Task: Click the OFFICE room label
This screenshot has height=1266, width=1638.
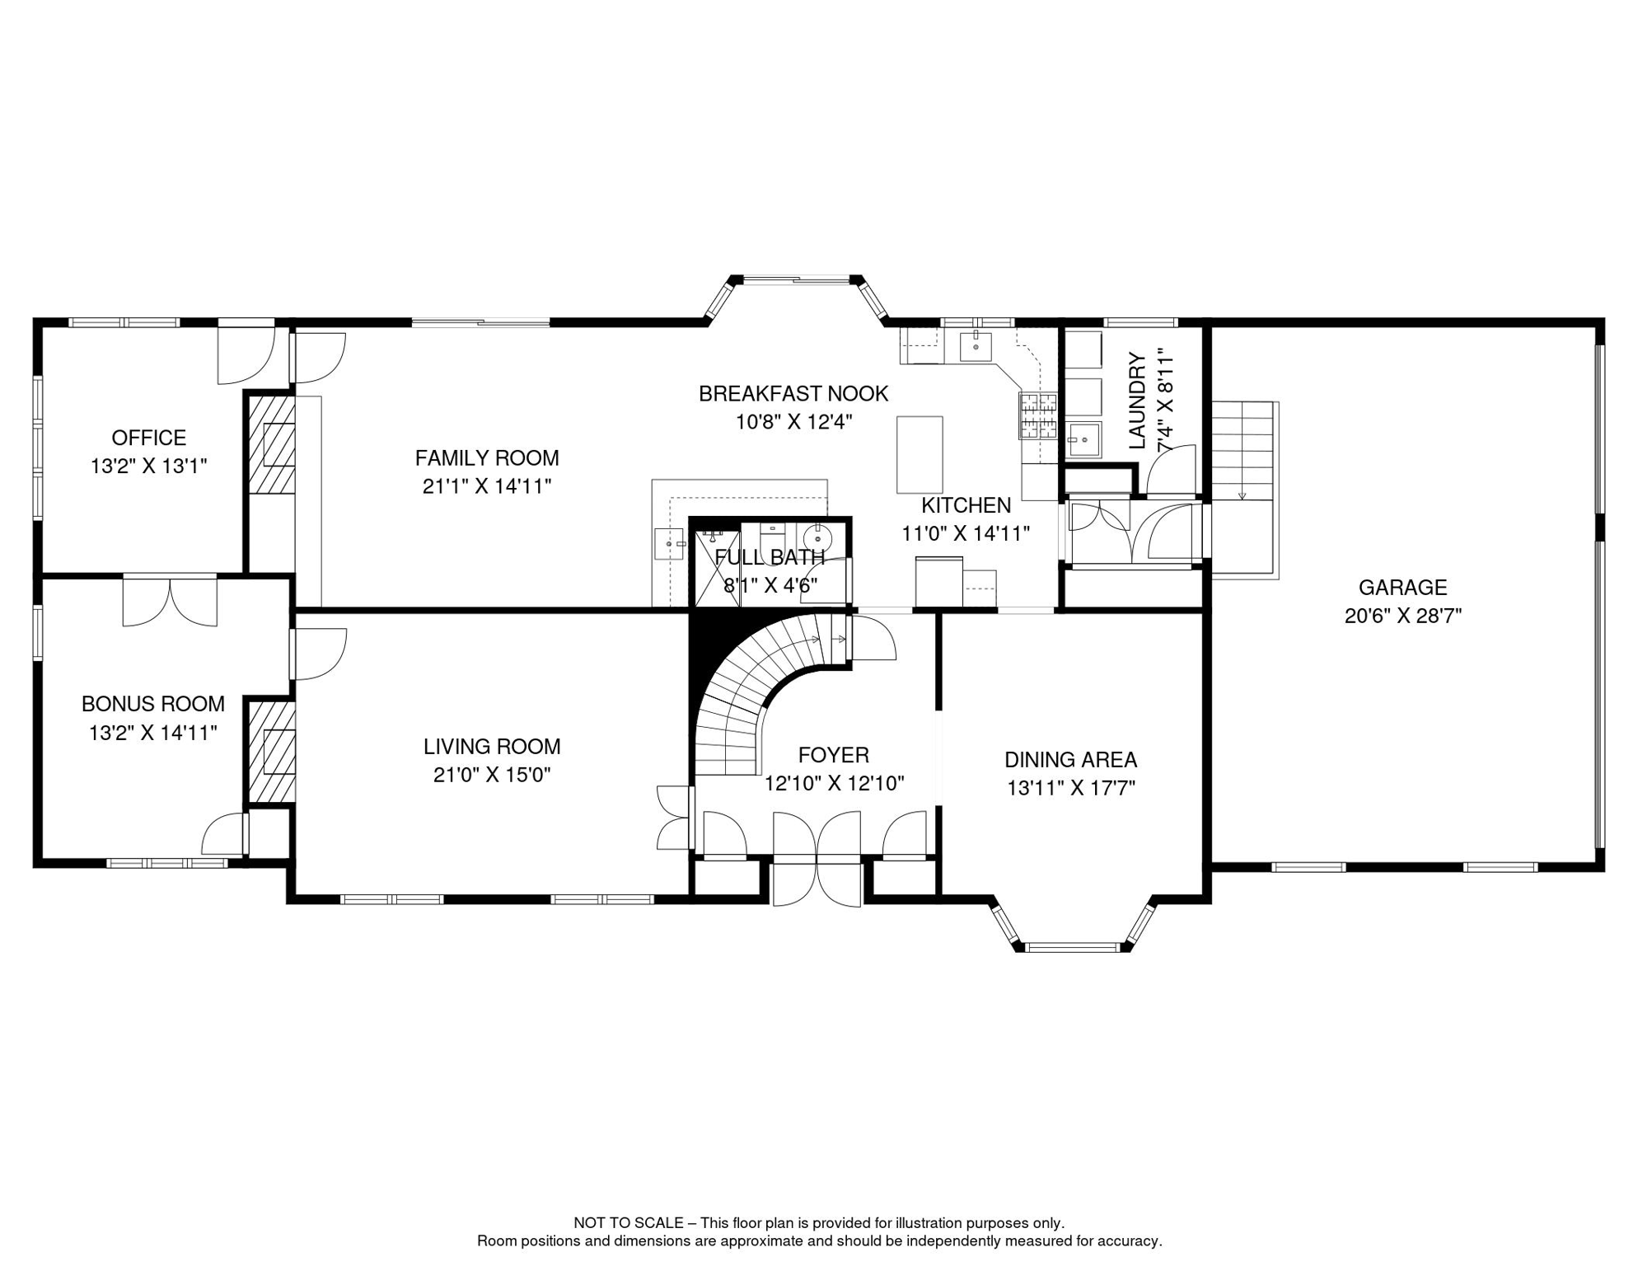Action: click(149, 438)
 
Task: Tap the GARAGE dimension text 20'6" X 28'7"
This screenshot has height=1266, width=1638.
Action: click(1403, 616)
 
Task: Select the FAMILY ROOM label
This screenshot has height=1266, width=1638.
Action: click(487, 457)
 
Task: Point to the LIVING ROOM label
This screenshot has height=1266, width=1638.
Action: click(492, 747)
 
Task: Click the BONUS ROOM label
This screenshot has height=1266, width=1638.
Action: click(153, 704)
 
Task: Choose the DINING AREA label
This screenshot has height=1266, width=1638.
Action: click(1071, 760)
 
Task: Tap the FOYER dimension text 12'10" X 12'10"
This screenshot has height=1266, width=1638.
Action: click(835, 783)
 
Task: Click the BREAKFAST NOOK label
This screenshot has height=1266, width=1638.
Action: click(793, 394)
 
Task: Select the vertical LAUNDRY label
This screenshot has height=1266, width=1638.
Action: click(1137, 401)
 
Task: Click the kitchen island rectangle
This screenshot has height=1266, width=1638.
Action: click(920, 455)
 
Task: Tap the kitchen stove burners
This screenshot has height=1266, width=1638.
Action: click(1038, 416)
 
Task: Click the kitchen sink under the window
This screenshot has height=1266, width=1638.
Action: click(976, 347)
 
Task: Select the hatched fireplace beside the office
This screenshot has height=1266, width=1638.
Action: click(272, 445)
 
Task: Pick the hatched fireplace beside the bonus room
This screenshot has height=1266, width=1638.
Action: click(272, 752)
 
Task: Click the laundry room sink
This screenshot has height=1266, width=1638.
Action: click(1084, 440)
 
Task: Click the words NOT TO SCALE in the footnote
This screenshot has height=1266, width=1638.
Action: click(629, 1223)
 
